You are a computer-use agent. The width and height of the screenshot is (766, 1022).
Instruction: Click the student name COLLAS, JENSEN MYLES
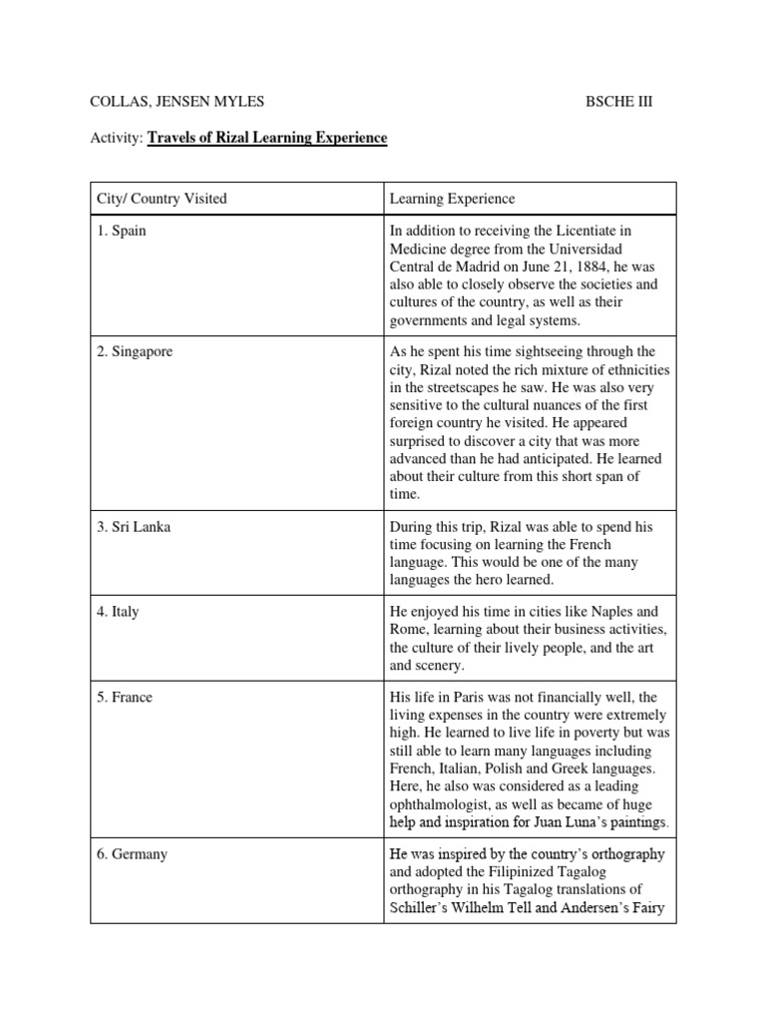pos(177,102)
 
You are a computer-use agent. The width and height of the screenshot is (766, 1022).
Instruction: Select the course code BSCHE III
pos(618,102)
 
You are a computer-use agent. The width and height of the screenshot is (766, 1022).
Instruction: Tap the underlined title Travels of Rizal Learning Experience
pos(267,138)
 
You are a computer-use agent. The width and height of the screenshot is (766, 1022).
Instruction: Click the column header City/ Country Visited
pos(162,199)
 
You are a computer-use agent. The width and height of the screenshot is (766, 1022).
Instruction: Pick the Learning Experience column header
pos(452,199)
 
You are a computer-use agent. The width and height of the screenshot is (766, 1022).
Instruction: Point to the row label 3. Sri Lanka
pos(134,527)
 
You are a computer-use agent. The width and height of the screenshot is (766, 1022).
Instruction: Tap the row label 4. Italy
pos(118,612)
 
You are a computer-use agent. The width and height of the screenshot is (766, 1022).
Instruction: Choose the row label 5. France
pos(125,697)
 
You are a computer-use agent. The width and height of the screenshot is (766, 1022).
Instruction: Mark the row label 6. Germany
pos(132,854)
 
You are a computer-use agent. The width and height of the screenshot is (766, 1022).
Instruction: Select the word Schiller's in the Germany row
pos(420,908)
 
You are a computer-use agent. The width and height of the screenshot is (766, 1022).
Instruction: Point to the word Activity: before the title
pos(117,138)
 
